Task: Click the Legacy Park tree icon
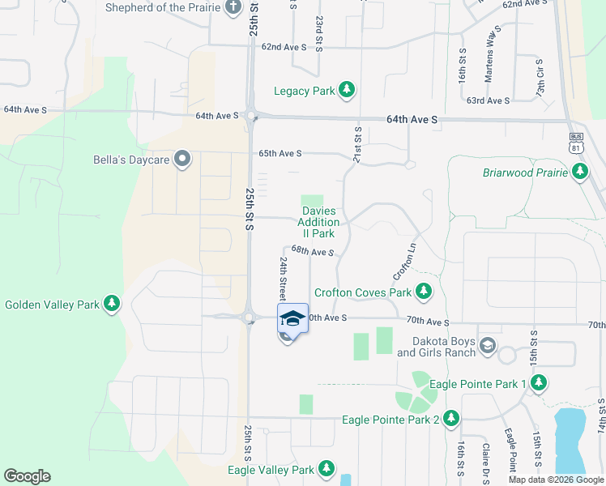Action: pos(347,90)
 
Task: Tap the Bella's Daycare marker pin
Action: pos(182,160)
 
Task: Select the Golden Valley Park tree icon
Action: pos(112,305)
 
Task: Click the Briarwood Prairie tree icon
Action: pos(579,172)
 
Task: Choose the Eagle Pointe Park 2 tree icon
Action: pos(451,419)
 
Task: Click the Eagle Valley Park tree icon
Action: pos(326,469)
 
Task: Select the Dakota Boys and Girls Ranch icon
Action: pos(487,347)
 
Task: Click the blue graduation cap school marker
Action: pos(292,318)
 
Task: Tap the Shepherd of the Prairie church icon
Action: pos(233,9)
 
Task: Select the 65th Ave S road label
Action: pos(280,153)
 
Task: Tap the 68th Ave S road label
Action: pos(313,252)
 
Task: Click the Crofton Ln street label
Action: pos(405,258)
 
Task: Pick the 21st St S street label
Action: pos(356,144)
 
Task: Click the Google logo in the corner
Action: pos(27,476)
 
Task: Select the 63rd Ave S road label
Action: pos(488,100)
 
